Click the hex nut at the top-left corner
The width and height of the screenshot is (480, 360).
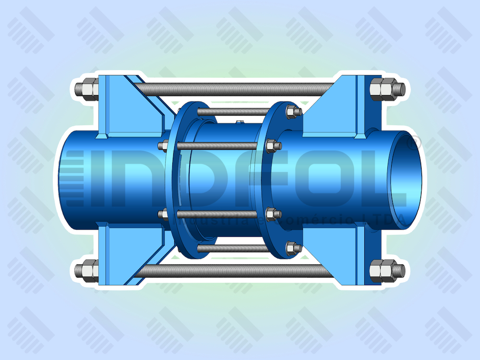[x=88, y=89]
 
